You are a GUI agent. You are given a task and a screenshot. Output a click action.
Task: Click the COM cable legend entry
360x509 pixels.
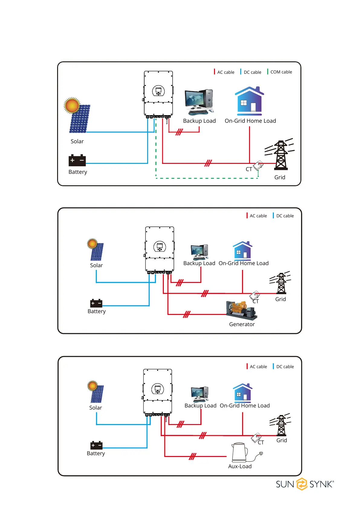(281, 72)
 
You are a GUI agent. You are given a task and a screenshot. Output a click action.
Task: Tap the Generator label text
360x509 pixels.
(242, 324)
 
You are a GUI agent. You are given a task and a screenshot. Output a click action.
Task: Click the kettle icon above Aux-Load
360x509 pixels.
(240, 452)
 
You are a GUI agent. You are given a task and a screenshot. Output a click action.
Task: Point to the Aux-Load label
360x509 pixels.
(240, 466)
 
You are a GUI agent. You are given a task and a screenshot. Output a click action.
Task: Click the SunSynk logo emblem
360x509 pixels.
(302, 484)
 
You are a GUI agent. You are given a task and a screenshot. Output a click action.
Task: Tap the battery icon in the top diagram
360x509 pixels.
(77, 160)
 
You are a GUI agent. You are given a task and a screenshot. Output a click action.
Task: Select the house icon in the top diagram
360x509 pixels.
(249, 101)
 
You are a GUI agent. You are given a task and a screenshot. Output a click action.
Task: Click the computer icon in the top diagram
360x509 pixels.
(199, 102)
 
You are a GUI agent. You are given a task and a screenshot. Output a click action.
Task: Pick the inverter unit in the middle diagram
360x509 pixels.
(160, 250)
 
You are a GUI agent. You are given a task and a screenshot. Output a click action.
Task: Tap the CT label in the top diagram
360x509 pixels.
(249, 169)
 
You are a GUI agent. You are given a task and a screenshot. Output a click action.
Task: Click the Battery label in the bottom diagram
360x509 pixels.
(96, 453)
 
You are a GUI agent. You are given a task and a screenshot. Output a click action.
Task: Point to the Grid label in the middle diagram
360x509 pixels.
(281, 299)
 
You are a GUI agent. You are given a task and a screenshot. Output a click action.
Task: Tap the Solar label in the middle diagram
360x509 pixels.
(96, 265)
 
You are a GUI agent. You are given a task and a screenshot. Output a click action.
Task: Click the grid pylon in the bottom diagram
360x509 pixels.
(281, 425)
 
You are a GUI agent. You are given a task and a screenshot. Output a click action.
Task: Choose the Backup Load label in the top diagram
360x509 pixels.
(199, 121)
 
